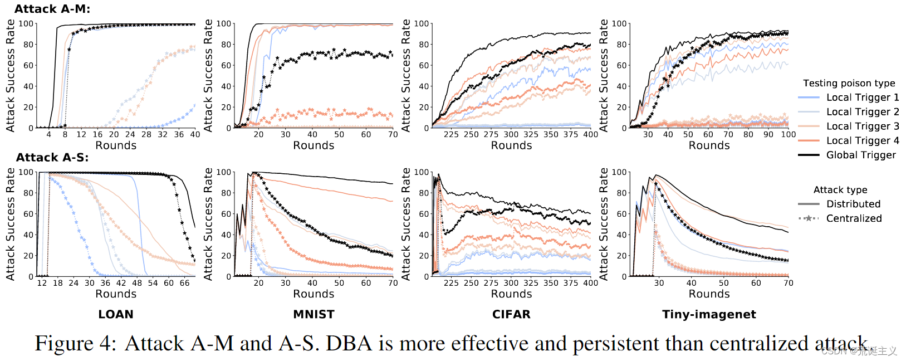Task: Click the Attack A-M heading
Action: tap(52, 9)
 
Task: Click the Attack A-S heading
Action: tap(52, 158)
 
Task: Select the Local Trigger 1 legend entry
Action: tap(862, 97)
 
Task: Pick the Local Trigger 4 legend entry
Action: tap(862, 141)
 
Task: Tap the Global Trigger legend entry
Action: tap(860, 155)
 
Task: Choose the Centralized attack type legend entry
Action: tap(853, 218)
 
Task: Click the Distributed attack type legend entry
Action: tap(853, 204)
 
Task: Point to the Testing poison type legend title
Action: tap(849, 83)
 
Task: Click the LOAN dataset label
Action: tap(116, 314)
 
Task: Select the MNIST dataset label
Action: tap(314, 314)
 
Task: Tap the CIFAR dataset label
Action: tap(511, 314)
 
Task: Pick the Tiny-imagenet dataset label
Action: tap(709, 314)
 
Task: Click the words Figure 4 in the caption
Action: tap(75, 343)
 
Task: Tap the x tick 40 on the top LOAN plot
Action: tap(195, 134)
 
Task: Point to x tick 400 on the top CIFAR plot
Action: tap(590, 134)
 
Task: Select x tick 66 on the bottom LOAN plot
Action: tap(185, 283)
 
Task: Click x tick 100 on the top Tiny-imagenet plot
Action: tap(788, 134)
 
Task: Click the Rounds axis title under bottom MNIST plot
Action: tap(314, 294)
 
